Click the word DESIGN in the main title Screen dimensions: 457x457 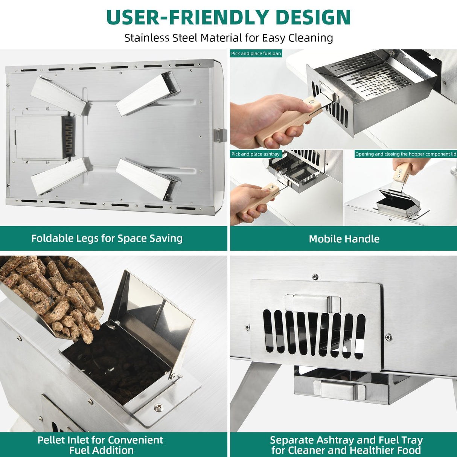[313, 17]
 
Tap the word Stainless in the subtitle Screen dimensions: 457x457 [147, 38]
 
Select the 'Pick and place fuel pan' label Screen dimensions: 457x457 [256, 53]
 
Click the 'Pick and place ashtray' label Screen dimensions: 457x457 [256, 154]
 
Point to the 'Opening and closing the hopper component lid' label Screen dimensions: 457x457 [405, 154]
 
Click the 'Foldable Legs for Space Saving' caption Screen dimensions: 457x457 [107, 238]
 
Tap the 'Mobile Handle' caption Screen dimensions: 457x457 [344, 239]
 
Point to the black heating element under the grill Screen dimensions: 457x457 [69, 136]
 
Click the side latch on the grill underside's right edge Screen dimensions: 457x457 [220, 135]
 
